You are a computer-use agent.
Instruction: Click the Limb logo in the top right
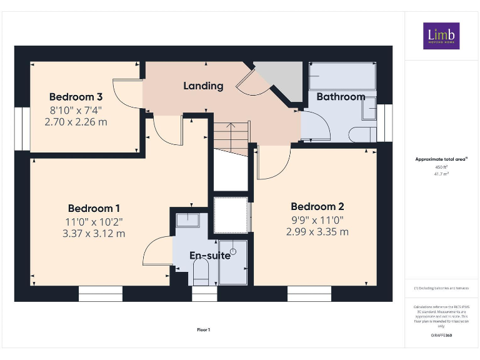tap(441, 36)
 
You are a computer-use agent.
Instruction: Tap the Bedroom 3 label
tap(76, 97)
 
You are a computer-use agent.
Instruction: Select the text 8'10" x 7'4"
tap(76, 111)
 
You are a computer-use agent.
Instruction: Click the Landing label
tap(203, 86)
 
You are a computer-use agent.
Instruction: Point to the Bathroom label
tap(341, 97)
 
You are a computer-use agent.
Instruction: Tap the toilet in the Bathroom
tap(362, 133)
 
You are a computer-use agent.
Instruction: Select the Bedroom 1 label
tap(94, 208)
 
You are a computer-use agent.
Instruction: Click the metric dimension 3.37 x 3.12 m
tap(94, 234)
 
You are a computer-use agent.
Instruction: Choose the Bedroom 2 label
tap(317, 206)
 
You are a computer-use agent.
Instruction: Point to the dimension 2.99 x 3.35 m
tap(317, 232)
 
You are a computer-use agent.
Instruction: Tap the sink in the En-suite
tap(187, 220)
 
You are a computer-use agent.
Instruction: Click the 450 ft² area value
tap(441, 167)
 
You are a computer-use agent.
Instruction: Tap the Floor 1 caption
tap(204, 329)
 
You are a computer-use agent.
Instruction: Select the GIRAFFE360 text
tap(441, 336)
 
